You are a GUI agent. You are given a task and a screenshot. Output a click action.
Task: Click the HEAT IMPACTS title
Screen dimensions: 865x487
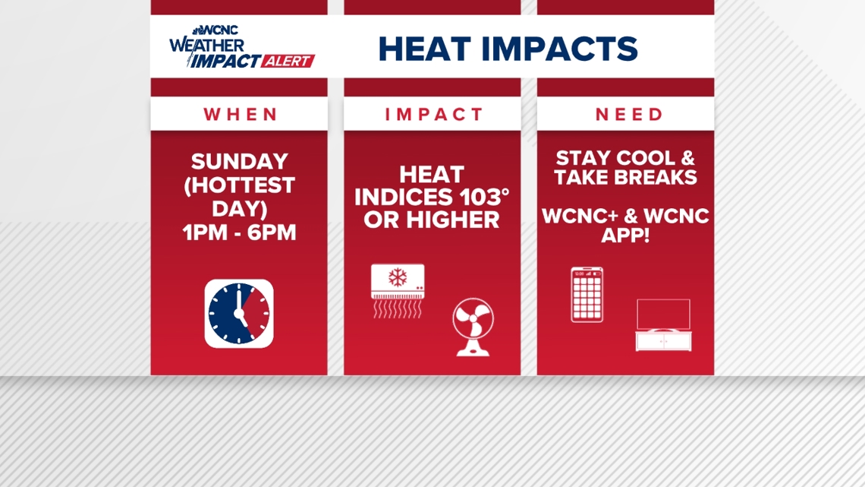tap(508, 49)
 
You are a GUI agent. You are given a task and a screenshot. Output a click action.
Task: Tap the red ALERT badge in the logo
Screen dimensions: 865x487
tap(288, 62)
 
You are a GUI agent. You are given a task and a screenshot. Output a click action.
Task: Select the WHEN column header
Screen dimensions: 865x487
tap(240, 114)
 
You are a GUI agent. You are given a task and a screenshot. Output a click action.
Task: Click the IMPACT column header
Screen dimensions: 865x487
tap(433, 114)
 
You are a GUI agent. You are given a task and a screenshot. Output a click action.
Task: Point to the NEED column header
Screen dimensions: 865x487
tap(629, 114)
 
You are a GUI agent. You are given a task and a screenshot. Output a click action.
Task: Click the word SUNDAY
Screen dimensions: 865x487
tap(240, 161)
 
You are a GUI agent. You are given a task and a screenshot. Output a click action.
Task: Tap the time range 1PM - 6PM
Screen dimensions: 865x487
tap(240, 232)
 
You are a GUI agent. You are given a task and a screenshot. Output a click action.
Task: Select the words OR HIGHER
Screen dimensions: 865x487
tap(432, 220)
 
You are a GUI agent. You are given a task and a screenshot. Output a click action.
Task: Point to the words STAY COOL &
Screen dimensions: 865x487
tap(625, 159)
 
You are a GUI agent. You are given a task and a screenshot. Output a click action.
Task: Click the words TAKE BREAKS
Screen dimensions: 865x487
tap(625, 177)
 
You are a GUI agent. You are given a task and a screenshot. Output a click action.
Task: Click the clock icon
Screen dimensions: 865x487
tap(239, 314)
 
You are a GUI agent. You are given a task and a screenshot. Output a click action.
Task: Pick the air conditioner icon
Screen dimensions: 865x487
tap(398, 290)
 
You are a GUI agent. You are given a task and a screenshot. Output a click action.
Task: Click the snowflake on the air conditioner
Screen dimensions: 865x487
tap(397, 277)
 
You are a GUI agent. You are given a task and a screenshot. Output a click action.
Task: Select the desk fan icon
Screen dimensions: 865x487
tap(473, 327)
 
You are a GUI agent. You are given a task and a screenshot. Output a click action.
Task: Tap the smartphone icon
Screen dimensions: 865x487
tap(587, 295)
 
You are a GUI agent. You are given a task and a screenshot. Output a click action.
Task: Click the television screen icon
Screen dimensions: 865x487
tap(663, 315)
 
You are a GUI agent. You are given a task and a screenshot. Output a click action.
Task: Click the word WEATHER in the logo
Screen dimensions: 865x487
tap(206, 45)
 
